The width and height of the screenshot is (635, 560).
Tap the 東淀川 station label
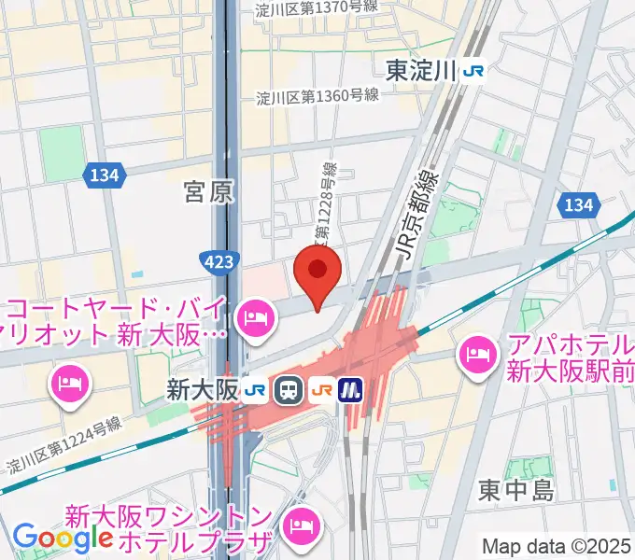click(420, 70)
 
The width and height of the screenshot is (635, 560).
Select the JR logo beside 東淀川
click(474, 71)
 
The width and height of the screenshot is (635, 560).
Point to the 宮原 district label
click(208, 193)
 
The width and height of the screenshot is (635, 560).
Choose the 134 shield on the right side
click(579, 204)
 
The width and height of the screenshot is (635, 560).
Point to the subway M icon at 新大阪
click(351, 389)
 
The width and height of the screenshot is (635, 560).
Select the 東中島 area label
click(516, 490)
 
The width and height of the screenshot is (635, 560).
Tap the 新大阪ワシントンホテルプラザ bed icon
click(303, 525)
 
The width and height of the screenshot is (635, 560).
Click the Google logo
click(63, 539)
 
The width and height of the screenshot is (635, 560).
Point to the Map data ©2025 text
click(557, 546)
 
